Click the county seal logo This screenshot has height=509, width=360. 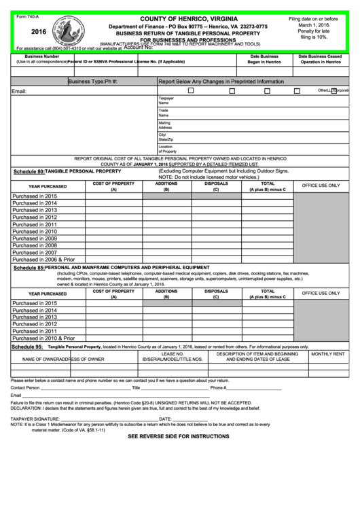pos(69,31)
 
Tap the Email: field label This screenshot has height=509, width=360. pos(19,91)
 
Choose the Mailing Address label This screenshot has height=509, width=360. pos(165,125)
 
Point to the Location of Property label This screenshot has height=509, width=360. pos(166,149)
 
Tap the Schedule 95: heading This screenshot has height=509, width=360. pos(27,347)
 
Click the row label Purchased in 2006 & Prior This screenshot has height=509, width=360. pos(43,260)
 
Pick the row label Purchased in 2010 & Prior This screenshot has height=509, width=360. pos(43,338)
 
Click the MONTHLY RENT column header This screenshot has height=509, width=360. pos(327,355)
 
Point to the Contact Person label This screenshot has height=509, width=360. pos(25,388)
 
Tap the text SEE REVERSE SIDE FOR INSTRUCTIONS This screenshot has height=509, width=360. pos(179,436)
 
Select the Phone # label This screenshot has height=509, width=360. pos(219,388)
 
